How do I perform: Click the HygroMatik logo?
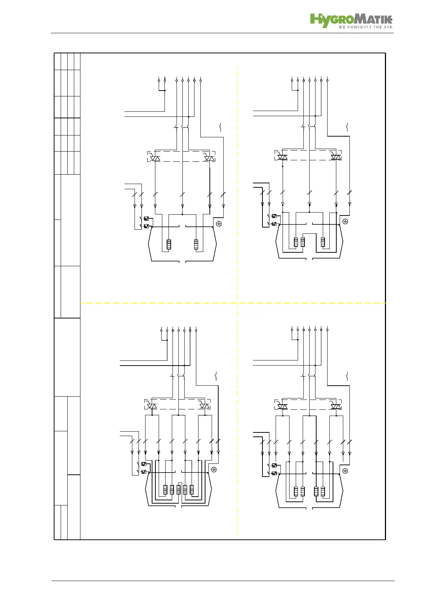[351, 20]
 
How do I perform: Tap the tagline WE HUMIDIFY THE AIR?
[366, 27]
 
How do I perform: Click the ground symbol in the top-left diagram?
[219, 224]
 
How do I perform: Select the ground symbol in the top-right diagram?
[345, 221]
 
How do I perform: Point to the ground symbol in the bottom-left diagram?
[214, 469]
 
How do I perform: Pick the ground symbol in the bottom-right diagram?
[345, 471]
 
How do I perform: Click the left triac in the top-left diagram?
[155, 158]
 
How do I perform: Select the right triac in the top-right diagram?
[336, 157]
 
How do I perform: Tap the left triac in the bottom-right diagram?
[282, 406]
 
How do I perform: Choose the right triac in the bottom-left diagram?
[204, 406]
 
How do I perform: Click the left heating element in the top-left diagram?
[169, 244]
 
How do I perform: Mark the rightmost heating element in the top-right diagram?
[323, 242]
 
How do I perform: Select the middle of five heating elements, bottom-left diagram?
[178, 489]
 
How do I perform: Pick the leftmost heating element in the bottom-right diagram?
[296, 491]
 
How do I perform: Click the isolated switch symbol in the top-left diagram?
[220, 127]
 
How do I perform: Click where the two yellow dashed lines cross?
[237, 303]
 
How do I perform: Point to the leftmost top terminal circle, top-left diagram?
[159, 80]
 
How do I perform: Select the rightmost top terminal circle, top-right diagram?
[327, 80]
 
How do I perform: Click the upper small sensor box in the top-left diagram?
[146, 218]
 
